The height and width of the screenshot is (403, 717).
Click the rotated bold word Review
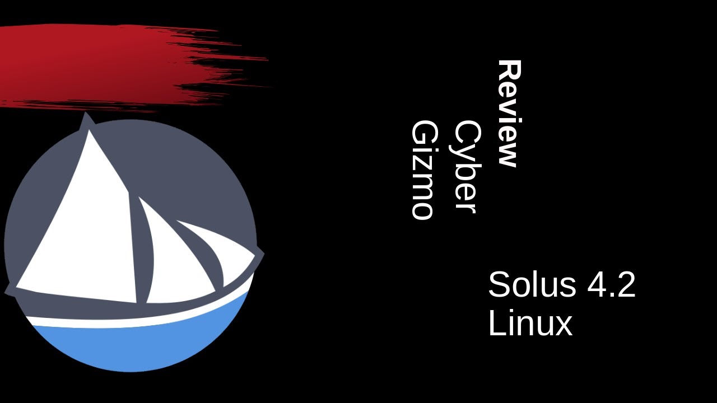pos(509,114)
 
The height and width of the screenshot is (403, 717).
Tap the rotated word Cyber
pos(465,167)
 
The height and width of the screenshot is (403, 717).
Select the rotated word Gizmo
pos(422,170)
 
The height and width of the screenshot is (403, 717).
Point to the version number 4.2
pos(611,284)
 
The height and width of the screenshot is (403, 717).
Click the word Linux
pos(530,323)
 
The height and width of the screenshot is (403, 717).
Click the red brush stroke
pos(112,67)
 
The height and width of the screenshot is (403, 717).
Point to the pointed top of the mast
pos(86,113)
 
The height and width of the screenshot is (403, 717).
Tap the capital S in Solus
pos(499,284)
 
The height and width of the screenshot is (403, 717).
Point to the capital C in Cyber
pos(465,133)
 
